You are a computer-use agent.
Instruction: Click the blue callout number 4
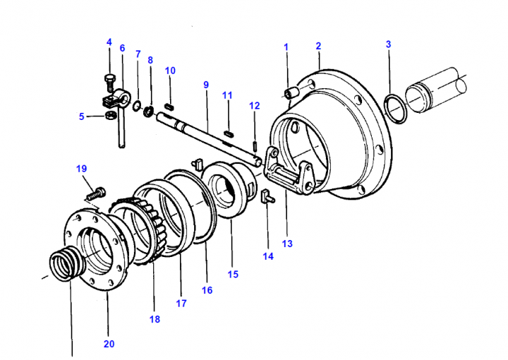pos(109,42)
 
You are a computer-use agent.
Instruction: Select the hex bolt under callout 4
pos(109,83)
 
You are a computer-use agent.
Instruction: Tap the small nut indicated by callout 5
pos(111,115)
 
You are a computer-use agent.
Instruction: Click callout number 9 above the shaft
pos(206,85)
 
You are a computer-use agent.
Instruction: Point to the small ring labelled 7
pos(138,105)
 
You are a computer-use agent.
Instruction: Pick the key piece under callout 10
pos(169,106)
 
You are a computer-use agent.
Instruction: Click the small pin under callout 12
pos(255,145)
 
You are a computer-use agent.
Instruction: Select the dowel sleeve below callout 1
pos(291,92)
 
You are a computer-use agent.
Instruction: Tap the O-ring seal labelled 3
pos(394,109)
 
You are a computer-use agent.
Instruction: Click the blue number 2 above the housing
pos(318,46)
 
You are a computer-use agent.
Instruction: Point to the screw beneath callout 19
pos(95,193)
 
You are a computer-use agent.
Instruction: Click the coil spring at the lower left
pos(66,263)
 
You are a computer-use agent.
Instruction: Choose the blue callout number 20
pos(109,344)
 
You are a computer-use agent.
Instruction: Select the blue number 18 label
pos(155,319)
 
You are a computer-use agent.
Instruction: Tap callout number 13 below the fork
pos(287,244)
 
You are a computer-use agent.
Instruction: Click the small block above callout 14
pos(267,196)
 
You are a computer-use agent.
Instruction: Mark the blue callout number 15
pos(233,274)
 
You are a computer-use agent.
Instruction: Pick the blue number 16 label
pos(207,290)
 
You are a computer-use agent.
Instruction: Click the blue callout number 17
pos(181,304)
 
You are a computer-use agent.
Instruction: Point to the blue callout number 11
pos(227,95)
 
